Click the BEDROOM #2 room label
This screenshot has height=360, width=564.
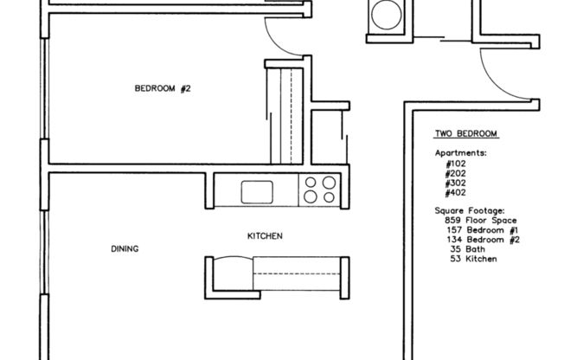coord(162,87)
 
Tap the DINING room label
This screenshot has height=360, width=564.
coord(125,249)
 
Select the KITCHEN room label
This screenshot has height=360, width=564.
coord(265,236)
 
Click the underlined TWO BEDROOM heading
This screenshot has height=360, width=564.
coord(465,134)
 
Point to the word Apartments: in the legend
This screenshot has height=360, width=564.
coord(460,152)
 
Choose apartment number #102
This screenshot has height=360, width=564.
coord(455,163)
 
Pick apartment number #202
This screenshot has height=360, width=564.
coord(455,173)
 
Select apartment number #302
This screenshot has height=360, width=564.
coord(455,183)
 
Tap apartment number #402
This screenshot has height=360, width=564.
coord(455,193)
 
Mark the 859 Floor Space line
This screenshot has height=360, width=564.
coord(480,221)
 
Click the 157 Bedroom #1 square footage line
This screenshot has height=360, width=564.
coord(482,230)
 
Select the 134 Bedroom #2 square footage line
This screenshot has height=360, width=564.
coord(482,240)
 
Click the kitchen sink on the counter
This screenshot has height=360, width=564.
coord(257,190)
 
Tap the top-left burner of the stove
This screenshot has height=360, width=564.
coord(311,183)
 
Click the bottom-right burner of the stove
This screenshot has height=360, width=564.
coord(329,196)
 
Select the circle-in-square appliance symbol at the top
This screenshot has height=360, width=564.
coord(382,15)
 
